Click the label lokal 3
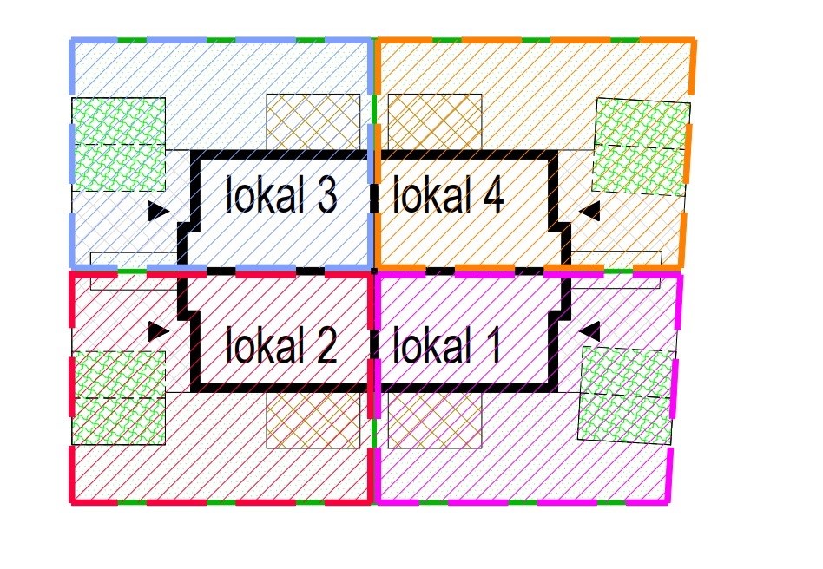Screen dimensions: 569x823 pos(280,196)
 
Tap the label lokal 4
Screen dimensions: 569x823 pos(448,196)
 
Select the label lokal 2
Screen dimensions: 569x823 pos(280,346)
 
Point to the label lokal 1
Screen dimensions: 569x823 pos(446,346)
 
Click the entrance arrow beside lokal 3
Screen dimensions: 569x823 pos(158,211)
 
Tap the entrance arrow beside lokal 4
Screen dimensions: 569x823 pos(590,210)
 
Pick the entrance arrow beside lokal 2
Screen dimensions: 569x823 pos(158,330)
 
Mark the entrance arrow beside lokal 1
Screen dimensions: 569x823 pos(590,330)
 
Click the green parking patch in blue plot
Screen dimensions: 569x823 pos(118,143)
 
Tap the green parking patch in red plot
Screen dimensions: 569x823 pos(118,397)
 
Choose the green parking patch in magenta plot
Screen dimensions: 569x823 pos(627,396)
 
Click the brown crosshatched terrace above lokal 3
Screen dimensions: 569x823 pos(313,121)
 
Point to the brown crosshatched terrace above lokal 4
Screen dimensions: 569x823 pos(434,121)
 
